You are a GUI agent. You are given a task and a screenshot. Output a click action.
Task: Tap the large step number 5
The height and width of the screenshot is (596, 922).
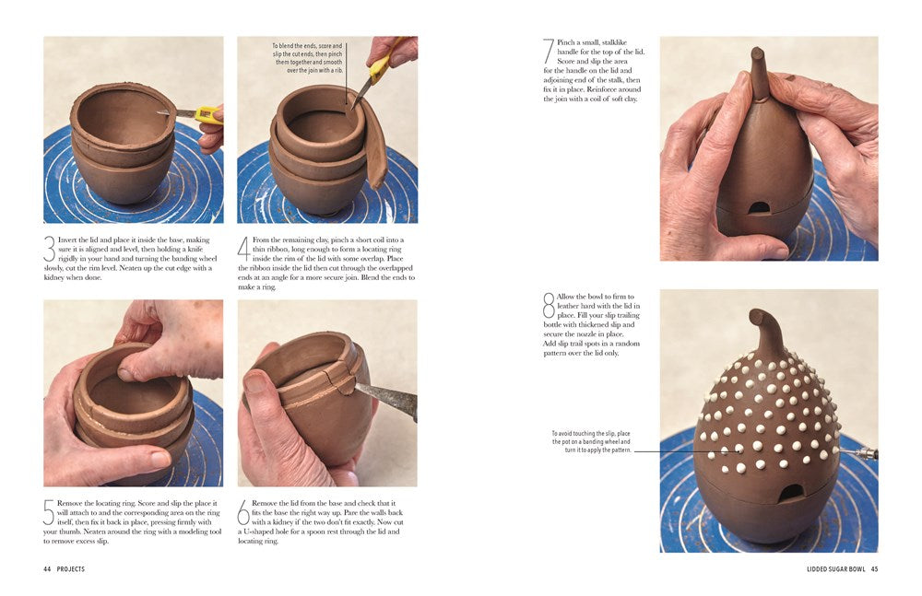pos(50,511)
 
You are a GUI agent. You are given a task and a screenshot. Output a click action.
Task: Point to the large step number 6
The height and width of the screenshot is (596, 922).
pos(243,511)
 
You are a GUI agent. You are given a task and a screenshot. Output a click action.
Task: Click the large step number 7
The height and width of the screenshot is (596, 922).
pos(549,51)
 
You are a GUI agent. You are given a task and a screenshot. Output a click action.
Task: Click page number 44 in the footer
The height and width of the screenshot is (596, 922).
pos(47,569)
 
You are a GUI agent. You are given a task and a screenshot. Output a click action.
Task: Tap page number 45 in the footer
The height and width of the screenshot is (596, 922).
pos(874,569)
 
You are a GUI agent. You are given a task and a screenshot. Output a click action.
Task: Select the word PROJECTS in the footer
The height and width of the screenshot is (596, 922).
pos(71,569)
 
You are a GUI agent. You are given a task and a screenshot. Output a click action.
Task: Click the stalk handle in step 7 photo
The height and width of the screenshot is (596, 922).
pos(759,73)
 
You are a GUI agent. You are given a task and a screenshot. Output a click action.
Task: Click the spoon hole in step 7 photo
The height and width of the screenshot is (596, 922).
pos(759,207)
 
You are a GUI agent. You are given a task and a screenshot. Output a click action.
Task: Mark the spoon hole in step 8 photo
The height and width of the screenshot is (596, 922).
pos(790,493)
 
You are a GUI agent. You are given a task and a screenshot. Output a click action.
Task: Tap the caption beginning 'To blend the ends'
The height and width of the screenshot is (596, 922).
pos(306,57)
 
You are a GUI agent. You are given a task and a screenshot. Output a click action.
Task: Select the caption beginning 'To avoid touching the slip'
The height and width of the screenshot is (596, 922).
pos(591,441)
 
